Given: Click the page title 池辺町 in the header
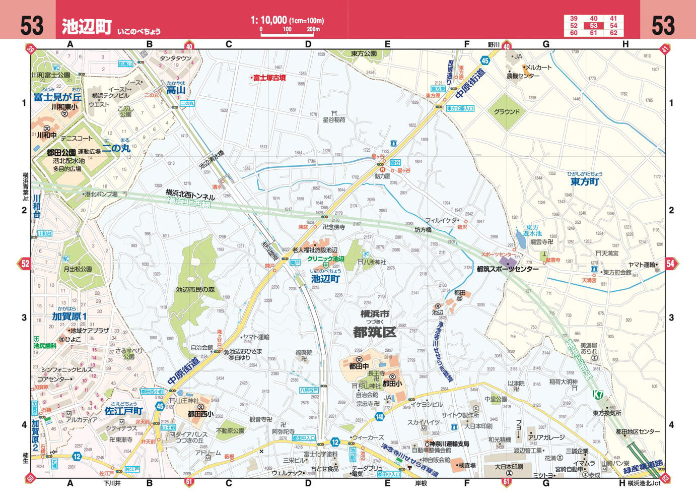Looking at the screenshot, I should click(87, 27).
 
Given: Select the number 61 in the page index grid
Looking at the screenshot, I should click(594, 33).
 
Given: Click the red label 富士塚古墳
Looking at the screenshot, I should click(269, 78).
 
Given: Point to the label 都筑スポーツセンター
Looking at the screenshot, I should click(508, 269).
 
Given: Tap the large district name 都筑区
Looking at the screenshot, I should click(375, 332).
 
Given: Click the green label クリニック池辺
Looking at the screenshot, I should click(326, 259).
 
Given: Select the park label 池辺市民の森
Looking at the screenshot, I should click(195, 290).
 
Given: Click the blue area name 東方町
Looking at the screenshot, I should click(585, 182).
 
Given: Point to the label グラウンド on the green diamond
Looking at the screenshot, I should click(506, 112).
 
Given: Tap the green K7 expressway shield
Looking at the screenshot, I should click(598, 394).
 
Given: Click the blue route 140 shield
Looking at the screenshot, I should click(380, 417).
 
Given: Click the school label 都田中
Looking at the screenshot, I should click(359, 366).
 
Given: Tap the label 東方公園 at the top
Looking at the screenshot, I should click(364, 53).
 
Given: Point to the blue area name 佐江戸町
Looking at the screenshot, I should click(124, 411).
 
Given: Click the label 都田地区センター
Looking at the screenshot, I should click(638, 431).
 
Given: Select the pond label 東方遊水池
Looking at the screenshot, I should click(532, 230).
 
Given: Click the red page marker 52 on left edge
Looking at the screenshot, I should click(25, 264).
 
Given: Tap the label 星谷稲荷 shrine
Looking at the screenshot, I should click(334, 120).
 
